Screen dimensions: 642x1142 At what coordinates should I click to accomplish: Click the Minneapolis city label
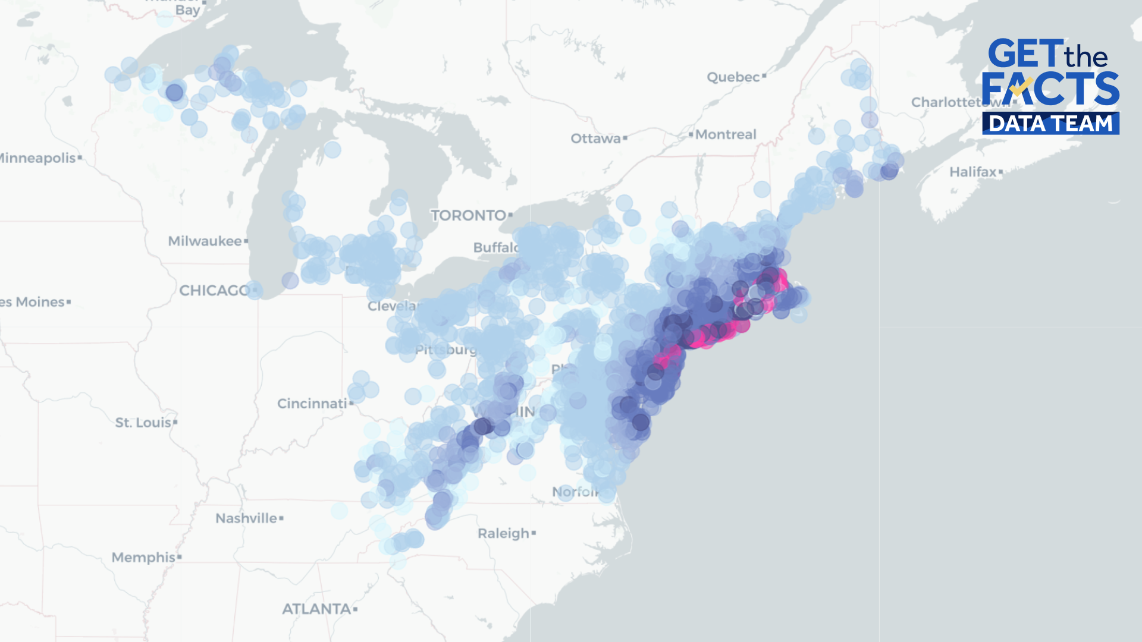click(37, 158)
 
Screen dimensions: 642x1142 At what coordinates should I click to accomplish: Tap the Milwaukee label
click(205, 241)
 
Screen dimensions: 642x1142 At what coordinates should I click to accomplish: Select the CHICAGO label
click(214, 291)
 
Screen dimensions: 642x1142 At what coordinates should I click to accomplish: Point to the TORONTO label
click(468, 215)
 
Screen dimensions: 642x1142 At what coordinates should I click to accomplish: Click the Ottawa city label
click(595, 139)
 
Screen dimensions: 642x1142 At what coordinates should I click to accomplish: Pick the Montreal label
click(726, 135)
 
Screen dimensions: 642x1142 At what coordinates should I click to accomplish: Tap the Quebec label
click(733, 77)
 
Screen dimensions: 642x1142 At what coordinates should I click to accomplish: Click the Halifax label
click(972, 172)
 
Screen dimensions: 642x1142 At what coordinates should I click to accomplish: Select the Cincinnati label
click(312, 404)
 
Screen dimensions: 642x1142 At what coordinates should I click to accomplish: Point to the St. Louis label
click(143, 423)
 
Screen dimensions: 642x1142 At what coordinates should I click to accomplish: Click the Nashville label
click(246, 518)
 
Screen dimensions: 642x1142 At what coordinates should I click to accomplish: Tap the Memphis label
click(143, 558)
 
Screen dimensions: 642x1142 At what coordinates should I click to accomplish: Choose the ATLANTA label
click(316, 609)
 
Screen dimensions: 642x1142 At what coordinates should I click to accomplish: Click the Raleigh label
click(503, 533)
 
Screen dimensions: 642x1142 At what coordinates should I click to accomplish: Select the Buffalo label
click(495, 247)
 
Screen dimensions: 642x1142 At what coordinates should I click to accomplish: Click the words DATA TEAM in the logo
click(1050, 124)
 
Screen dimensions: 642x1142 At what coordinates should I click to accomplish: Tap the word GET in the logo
click(1025, 55)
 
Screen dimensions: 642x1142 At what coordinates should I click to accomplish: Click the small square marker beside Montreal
click(691, 134)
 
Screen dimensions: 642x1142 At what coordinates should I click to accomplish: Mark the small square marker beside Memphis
click(180, 558)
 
